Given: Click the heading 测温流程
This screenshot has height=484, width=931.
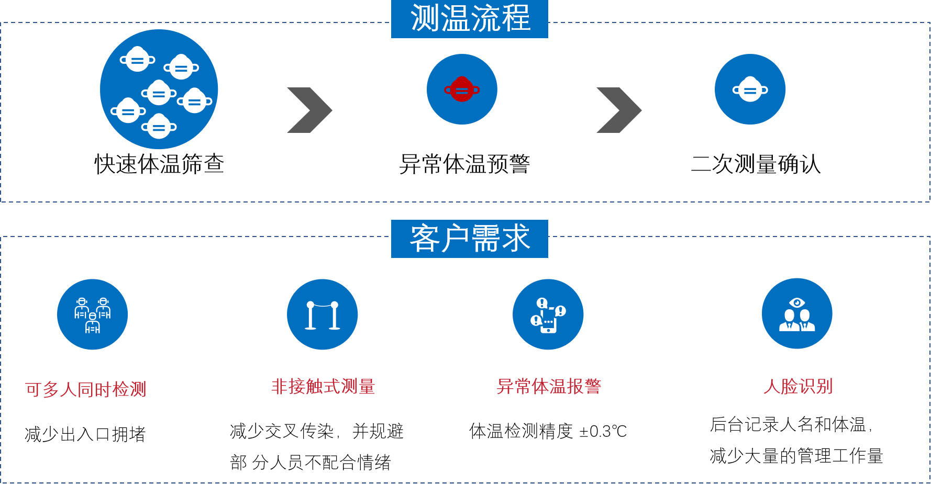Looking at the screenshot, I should coord(470,18).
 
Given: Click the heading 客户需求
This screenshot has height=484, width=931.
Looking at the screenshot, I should coord(470,239).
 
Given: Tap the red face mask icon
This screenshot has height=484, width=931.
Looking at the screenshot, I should coord(462,89).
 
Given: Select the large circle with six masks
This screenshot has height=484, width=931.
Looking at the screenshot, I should coord(159,89).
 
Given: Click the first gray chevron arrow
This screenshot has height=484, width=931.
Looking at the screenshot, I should coord(309,110).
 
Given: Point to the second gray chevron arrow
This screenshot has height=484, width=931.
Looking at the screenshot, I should coord(619,110).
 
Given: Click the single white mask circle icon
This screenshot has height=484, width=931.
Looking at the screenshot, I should coord(750,89).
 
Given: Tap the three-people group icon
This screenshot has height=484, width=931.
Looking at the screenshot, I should coord(93,314).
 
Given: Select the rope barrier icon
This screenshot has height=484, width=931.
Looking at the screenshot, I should coord(323,314).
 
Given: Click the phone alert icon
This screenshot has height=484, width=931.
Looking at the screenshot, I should coord(548,314).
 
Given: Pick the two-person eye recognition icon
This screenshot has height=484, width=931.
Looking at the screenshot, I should coord(797,314).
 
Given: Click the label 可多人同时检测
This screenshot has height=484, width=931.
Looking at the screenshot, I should coord(86,390).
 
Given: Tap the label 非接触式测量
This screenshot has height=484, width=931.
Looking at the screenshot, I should coord(323,387).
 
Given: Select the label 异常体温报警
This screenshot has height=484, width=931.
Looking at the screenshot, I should coord(549,387).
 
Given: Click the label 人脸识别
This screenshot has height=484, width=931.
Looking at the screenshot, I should coord(798,387).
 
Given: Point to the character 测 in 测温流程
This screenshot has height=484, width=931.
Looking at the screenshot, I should coord(425,18).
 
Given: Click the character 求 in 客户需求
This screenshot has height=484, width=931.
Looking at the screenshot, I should coord(516,239).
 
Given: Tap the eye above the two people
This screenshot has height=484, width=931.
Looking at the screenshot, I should coord(797,302).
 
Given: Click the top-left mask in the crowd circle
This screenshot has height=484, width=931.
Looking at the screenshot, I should coord(137,60).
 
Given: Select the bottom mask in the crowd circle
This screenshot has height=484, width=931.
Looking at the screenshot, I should coord(159,127).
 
